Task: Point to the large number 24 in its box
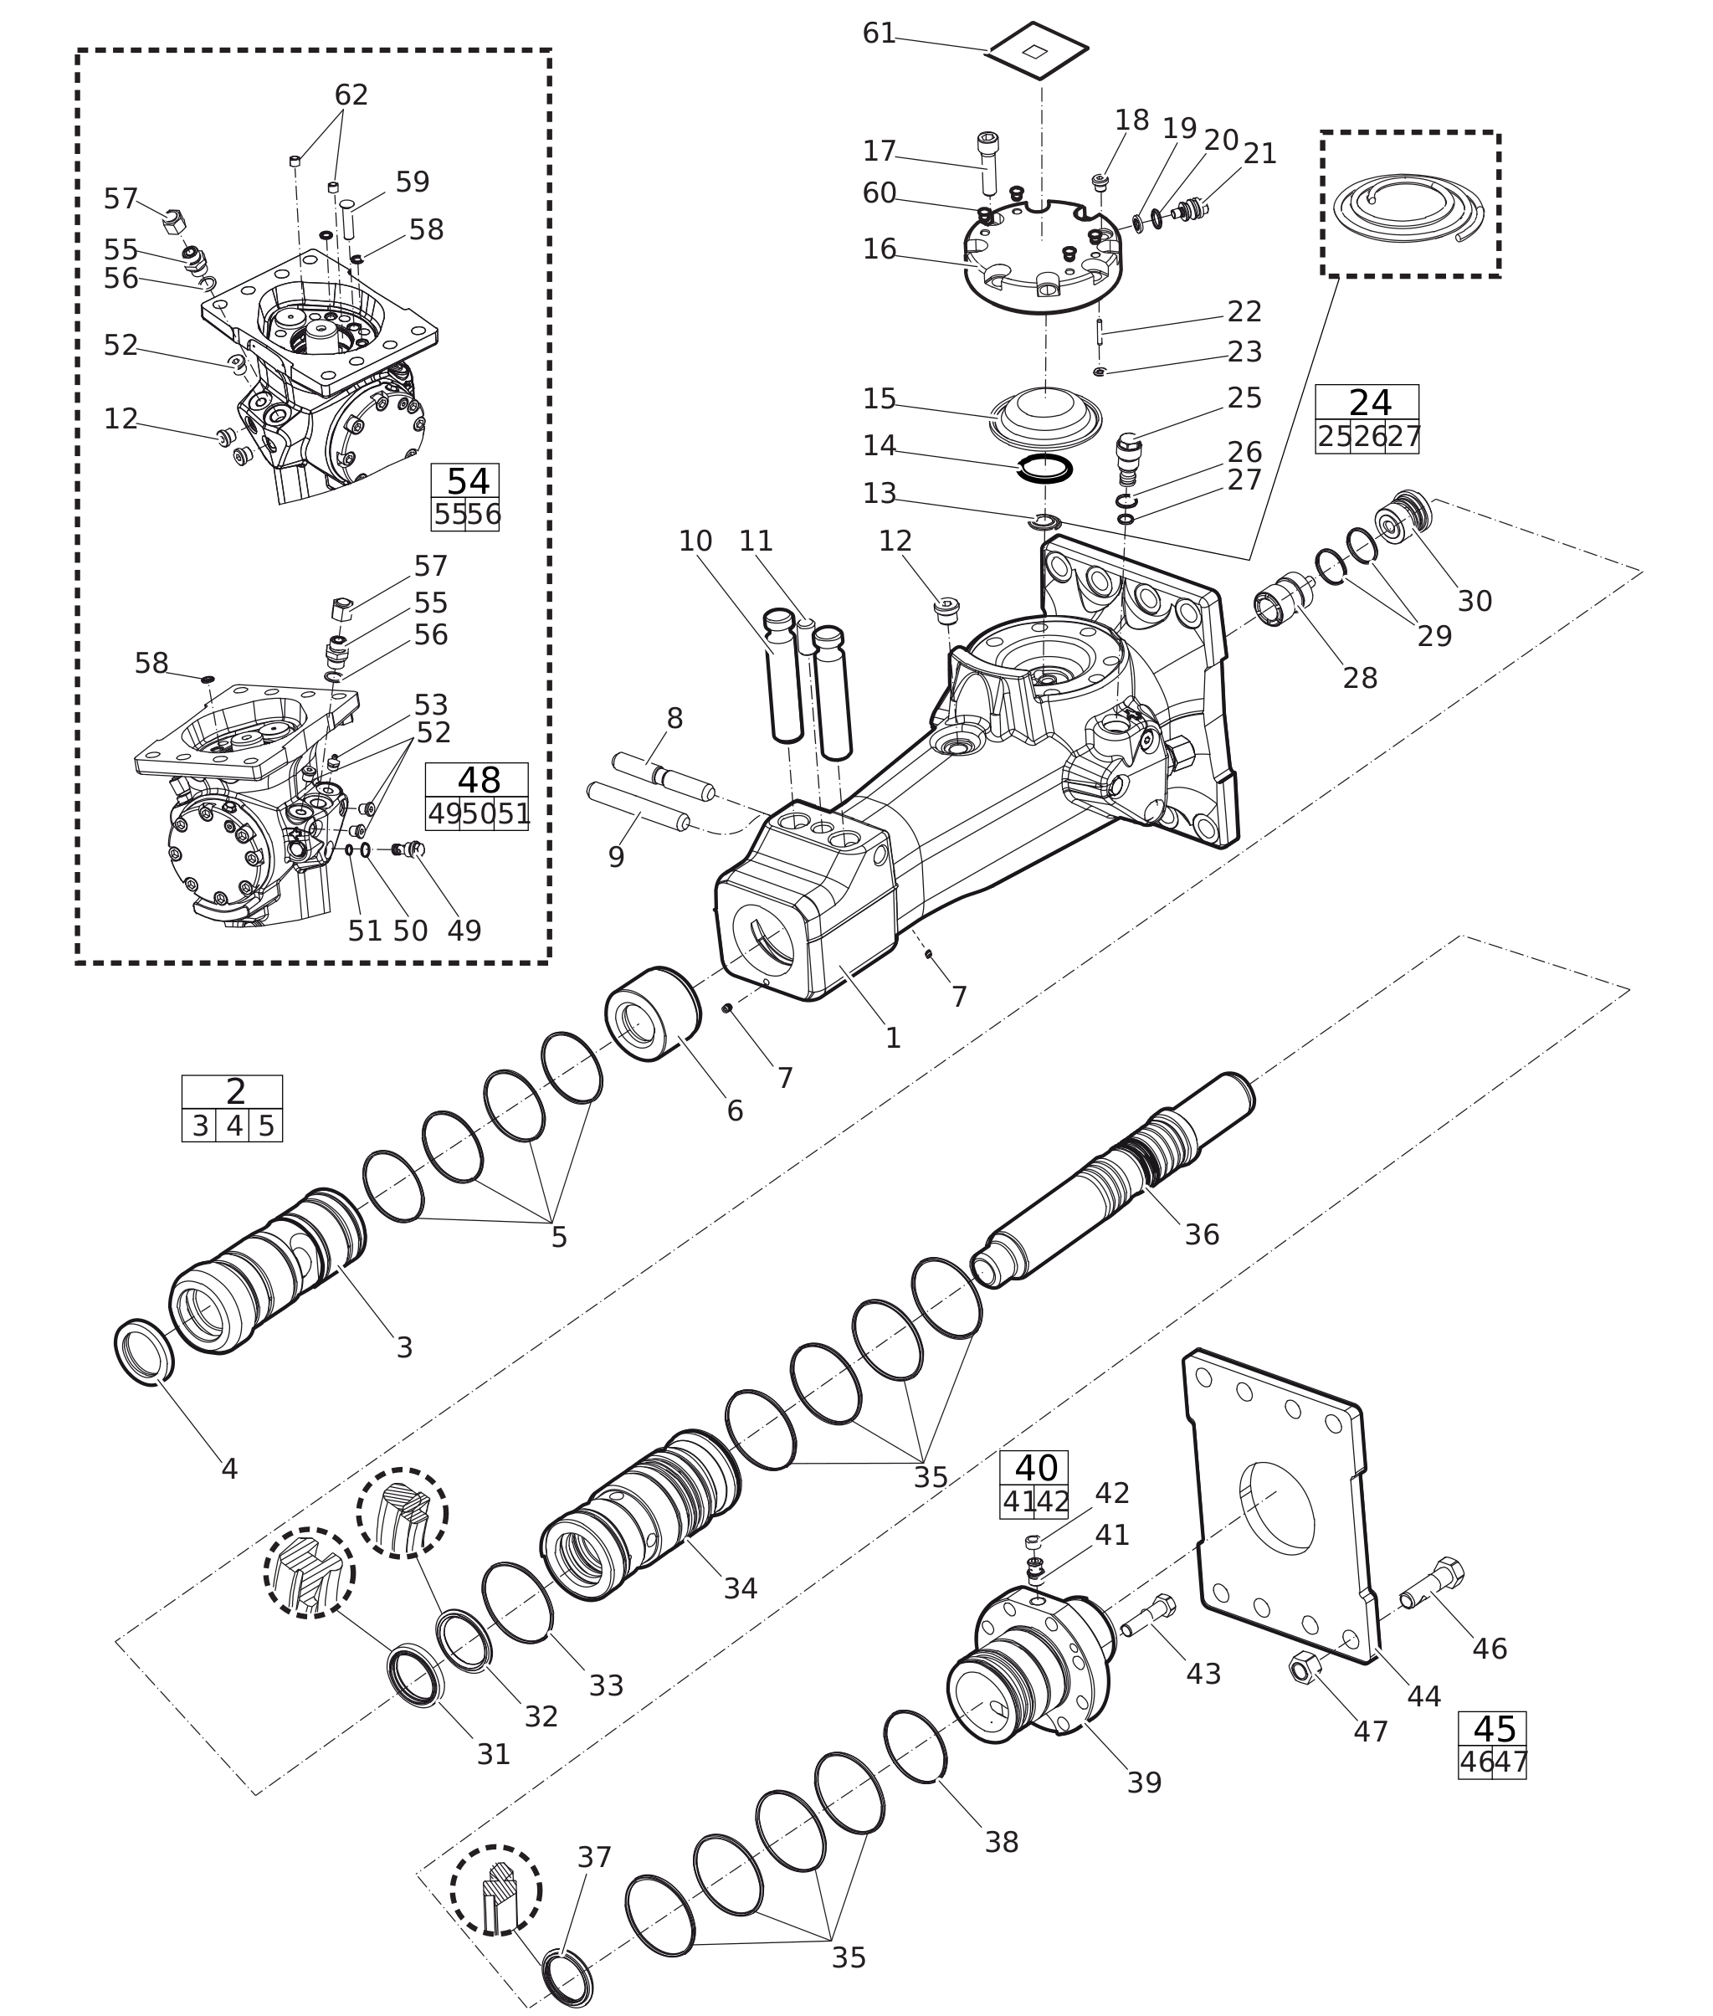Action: pyautogui.click(x=1370, y=402)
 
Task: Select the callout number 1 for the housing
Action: pyautogui.click(x=892, y=1038)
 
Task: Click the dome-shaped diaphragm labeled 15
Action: pyautogui.click(x=1045, y=417)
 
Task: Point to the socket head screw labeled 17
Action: pyautogui.click(x=987, y=162)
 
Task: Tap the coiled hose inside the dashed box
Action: pyautogui.click(x=1409, y=208)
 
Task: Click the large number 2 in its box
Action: pyautogui.click(x=235, y=1091)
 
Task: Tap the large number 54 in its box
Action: pyautogui.click(x=468, y=482)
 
